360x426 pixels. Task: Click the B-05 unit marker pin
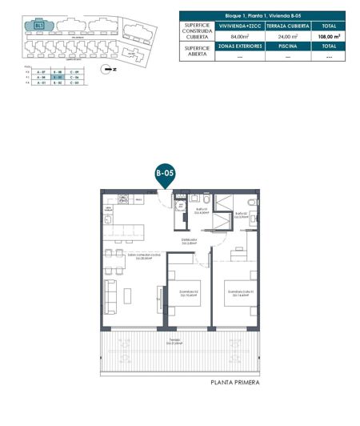165,173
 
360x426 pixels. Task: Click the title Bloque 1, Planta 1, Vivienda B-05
262,14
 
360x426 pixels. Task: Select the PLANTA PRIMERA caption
235,383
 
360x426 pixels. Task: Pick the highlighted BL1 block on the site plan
39,26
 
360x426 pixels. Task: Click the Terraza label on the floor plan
174,342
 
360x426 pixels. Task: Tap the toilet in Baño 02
250,202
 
